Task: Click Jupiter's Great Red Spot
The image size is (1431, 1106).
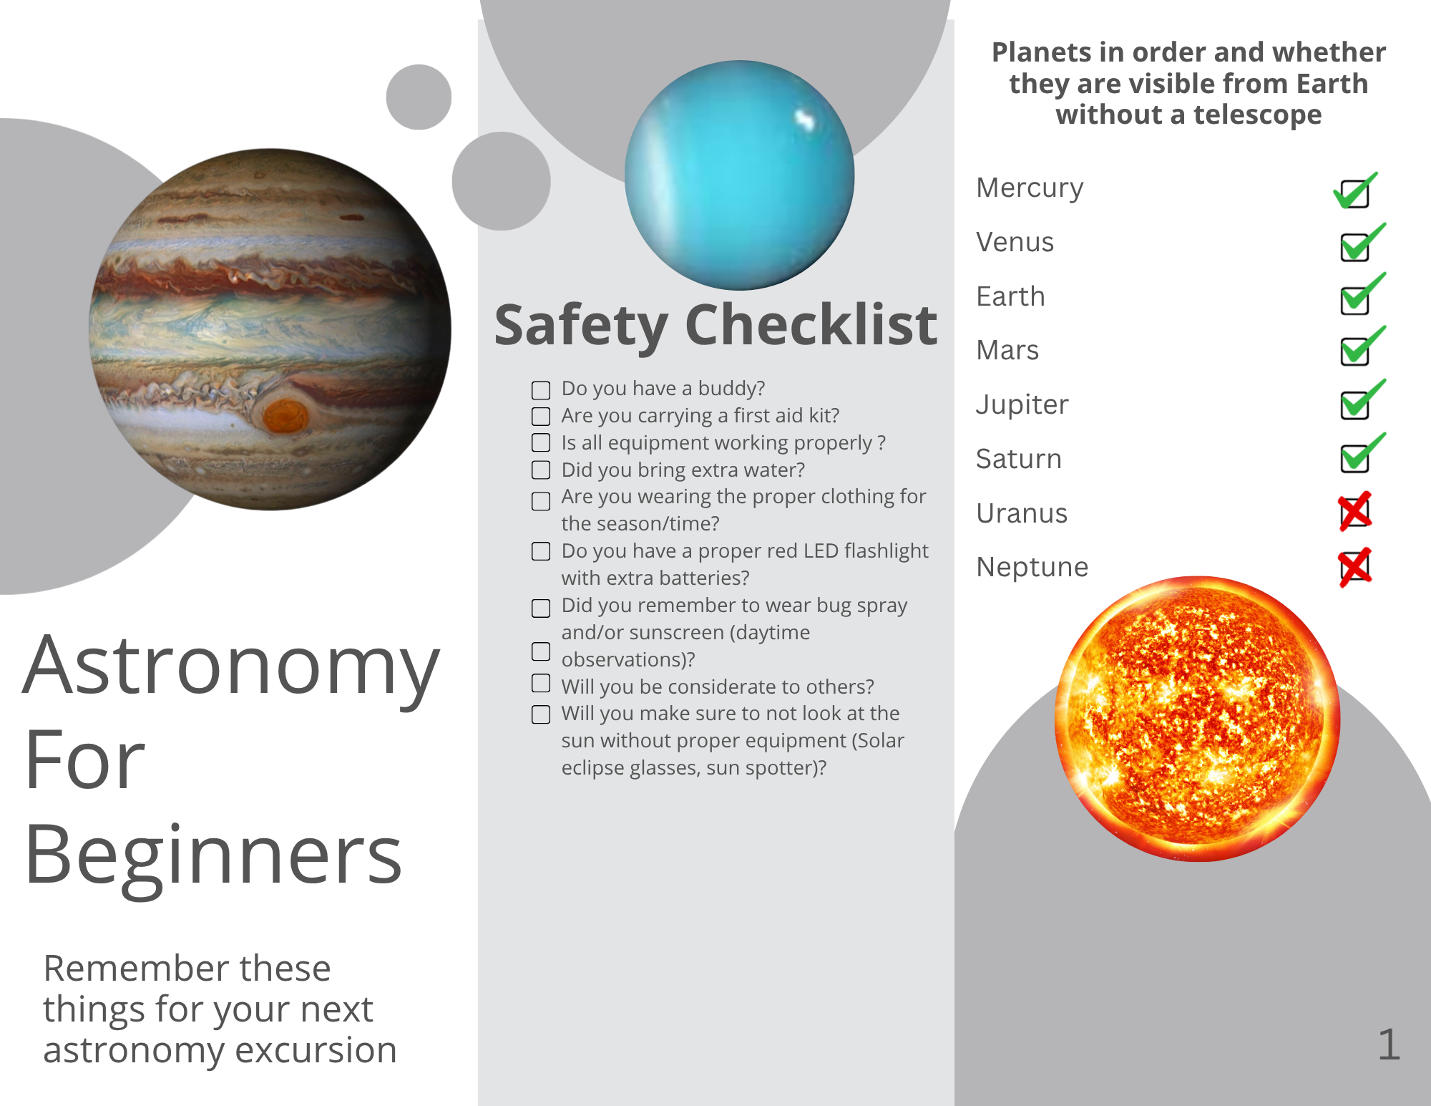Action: (285, 415)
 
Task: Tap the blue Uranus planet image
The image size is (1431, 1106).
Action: (739, 175)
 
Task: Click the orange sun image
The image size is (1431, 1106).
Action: (1197, 719)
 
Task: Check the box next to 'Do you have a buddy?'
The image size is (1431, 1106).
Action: (541, 390)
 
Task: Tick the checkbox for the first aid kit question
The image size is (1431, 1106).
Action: (541, 417)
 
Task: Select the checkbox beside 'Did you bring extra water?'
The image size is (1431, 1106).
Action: (541, 470)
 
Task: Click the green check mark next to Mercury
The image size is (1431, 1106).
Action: (1355, 190)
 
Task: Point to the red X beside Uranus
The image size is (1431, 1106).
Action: (1355, 511)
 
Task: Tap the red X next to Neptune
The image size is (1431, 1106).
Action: (1355, 567)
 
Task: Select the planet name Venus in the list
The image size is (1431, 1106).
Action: (1015, 242)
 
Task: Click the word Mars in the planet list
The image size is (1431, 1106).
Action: (1007, 350)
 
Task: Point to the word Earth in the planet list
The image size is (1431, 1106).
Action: (1010, 296)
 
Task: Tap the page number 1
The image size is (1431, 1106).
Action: (1389, 1044)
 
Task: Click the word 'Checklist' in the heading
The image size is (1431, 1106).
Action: (811, 325)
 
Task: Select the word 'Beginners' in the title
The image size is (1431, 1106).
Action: (213, 855)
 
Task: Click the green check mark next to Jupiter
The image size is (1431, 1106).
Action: (1362, 399)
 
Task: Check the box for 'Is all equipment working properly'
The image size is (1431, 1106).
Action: (541, 443)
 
